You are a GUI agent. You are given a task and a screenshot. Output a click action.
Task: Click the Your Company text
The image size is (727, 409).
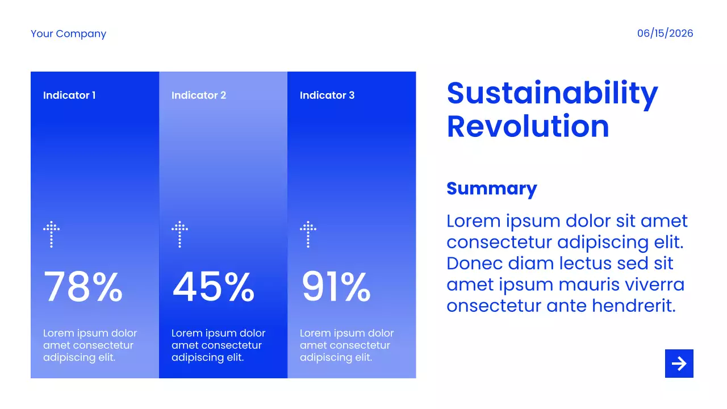click(68, 34)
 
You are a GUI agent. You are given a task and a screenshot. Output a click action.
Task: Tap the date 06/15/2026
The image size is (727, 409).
click(665, 33)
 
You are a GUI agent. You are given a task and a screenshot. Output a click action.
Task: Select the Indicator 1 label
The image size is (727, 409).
click(69, 95)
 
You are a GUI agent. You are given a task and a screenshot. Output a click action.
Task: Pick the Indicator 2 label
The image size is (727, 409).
click(199, 95)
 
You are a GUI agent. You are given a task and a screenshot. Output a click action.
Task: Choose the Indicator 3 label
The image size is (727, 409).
click(327, 95)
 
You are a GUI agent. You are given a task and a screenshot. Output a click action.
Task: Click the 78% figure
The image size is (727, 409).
click(83, 287)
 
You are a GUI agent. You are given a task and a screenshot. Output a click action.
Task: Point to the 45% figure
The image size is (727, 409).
click(213, 287)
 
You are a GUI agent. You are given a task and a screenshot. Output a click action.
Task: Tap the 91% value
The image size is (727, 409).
click(336, 287)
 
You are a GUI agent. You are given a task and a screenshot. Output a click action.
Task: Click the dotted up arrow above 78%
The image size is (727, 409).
click(51, 235)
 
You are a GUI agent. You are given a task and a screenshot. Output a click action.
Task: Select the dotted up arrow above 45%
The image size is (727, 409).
click(179, 235)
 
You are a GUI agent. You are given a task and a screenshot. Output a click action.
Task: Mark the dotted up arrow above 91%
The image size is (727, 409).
click(308, 235)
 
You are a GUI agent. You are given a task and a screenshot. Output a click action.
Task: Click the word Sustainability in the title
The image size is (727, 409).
click(553, 94)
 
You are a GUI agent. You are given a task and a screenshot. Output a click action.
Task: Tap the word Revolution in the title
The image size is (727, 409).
click(528, 126)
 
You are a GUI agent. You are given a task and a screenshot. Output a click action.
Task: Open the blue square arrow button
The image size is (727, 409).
click(679, 364)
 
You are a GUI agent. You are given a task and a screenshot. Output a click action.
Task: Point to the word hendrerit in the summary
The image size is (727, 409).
click(634, 306)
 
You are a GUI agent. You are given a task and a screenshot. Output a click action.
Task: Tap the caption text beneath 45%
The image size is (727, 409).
click(219, 345)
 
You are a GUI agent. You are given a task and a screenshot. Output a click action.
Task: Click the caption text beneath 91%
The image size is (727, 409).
click(346, 345)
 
